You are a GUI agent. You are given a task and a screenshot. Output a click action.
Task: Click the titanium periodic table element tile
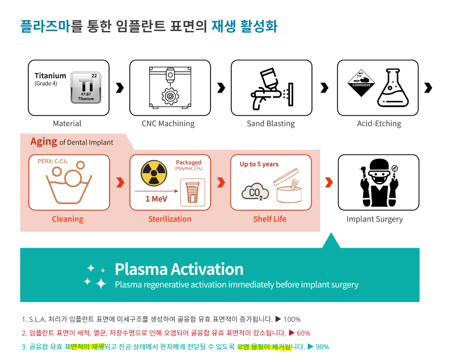[86, 88]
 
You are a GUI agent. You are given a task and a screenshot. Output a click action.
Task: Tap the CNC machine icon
[170, 88]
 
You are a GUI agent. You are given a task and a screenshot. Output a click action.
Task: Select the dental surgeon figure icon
[378, 183]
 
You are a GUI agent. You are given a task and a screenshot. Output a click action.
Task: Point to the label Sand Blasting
[270, 124]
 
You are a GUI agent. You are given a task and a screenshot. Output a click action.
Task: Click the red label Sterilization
[170, 219]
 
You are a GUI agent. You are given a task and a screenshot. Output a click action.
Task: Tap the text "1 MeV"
[156, 199]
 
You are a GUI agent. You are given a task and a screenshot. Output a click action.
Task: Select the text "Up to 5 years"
[259, 164]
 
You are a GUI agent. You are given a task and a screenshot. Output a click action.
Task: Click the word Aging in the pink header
[44, 141]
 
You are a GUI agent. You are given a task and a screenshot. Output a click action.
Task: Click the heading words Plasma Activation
[179, 269]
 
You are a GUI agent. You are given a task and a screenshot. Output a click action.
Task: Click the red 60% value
[303, 333]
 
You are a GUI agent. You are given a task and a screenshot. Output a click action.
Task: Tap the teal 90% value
[322, 347]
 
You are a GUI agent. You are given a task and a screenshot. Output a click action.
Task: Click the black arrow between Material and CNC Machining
[120, 88]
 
